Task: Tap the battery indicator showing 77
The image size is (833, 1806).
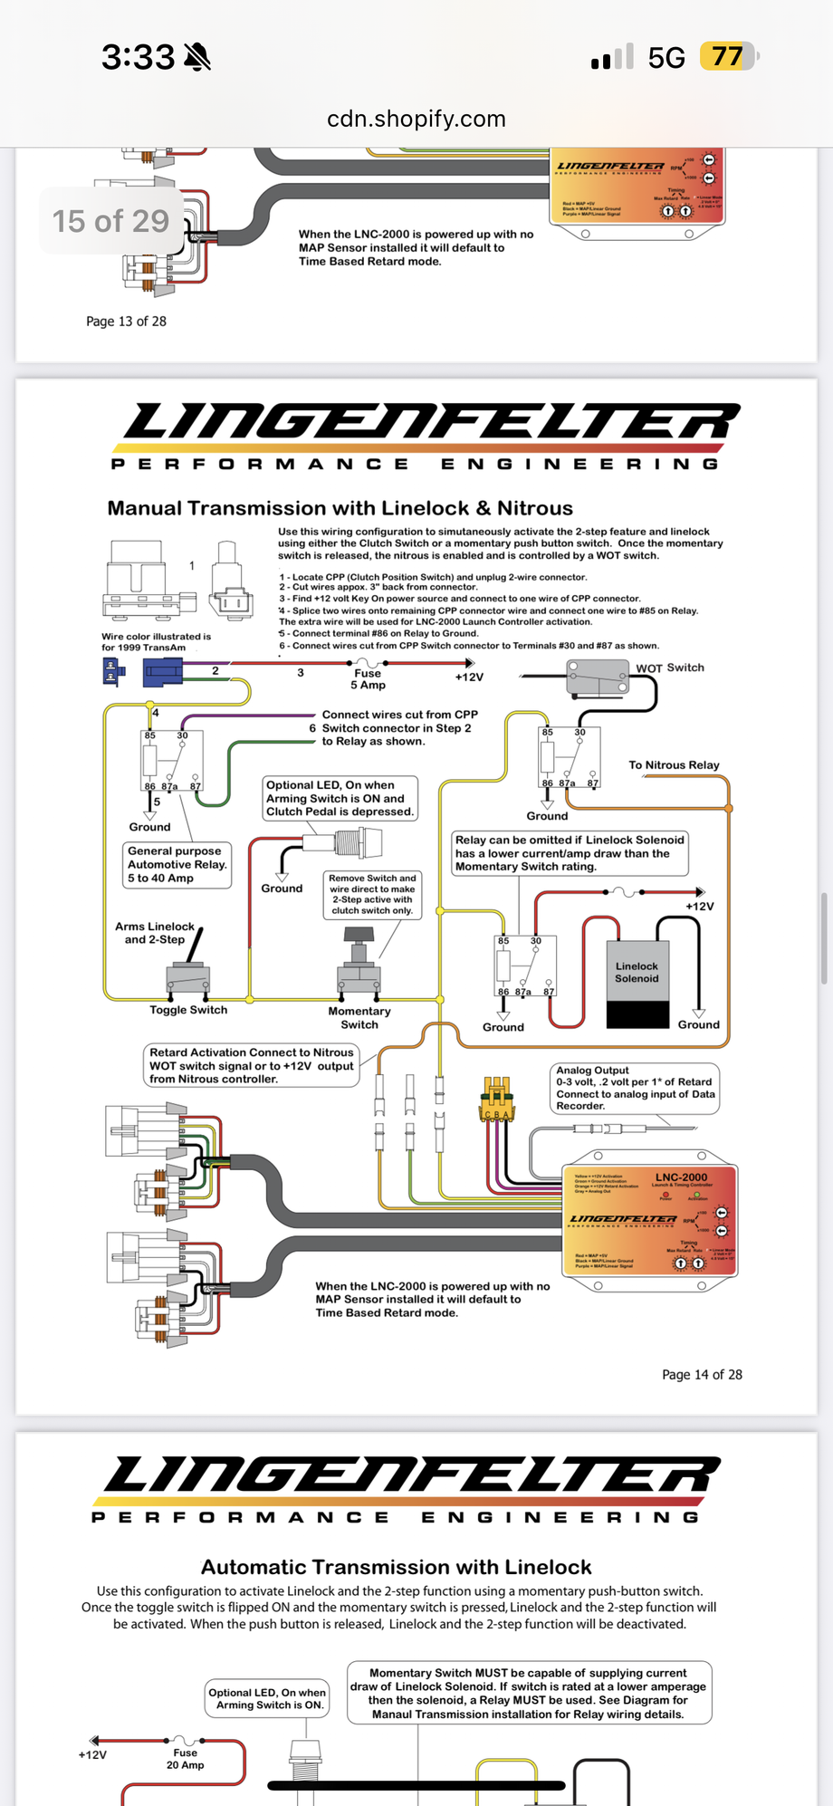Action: coord(726,57)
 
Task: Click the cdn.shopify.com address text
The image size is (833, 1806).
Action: coord(416,119)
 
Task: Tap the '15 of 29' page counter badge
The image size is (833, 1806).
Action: coord(110,221)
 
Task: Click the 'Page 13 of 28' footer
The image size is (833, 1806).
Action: coord(126,322)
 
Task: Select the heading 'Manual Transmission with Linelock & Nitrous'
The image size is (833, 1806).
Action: coord(340,508)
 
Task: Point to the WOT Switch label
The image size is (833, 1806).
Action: coord(669,668)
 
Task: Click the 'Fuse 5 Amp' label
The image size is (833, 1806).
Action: coord(368,679)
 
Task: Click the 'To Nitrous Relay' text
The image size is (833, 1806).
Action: coord(674,765)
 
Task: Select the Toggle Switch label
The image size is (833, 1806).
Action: coord(188,1010)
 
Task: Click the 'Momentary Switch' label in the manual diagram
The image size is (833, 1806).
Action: coord(359,1018)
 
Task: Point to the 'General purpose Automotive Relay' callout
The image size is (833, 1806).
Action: coord(176,864)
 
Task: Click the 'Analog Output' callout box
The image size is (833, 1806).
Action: coord(635,1088)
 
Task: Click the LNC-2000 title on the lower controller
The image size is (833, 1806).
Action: coord(681,1177)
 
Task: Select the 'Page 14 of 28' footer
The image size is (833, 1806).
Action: coord(702,1375)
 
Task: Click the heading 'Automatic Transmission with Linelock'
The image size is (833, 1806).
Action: coord(396,1568)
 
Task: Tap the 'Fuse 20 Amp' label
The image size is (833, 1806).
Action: coord(185,1759)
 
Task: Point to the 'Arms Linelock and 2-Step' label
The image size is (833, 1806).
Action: coord(155,933)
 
